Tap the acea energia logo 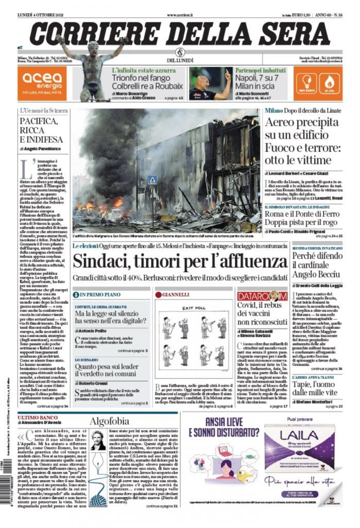click(x=42, y=83)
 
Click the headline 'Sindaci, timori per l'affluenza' click(x=179, y=261)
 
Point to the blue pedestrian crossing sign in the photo click(x=153, y=180)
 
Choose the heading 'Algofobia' click(x=106, y=421)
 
